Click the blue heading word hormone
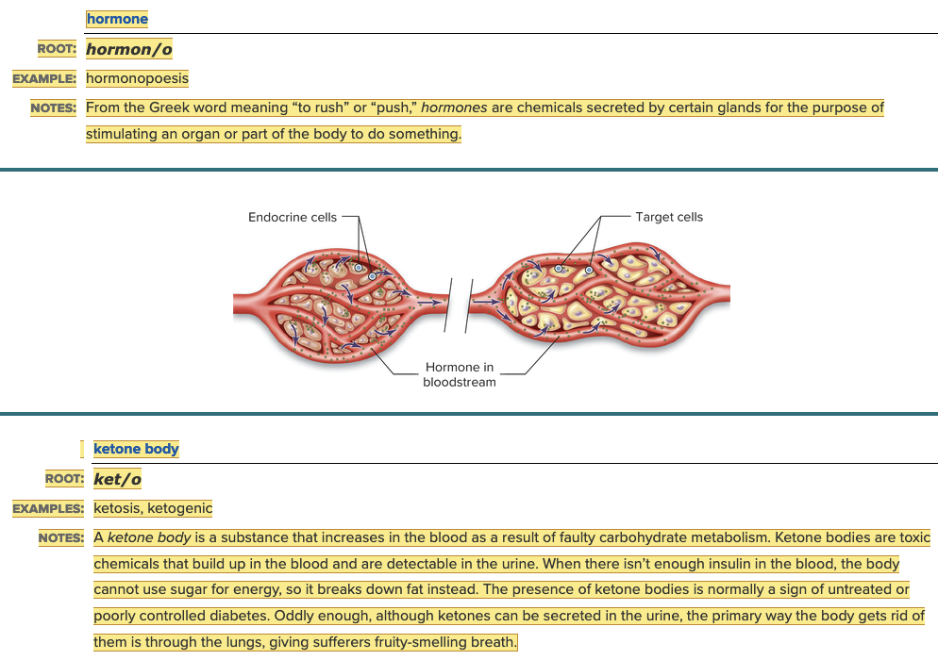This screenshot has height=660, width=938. point(117,19)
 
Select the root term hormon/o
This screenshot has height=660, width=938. point(129,48)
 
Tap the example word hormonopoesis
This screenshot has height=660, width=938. point(137,78)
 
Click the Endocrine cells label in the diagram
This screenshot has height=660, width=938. point(292,217)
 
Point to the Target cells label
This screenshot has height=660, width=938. point(669,217)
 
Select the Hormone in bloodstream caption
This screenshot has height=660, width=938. point(460,374)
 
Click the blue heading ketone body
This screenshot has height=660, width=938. point(136,449)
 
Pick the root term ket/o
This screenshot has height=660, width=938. point(117,479)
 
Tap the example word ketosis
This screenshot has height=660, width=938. point(117,509)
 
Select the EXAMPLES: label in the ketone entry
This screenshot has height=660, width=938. point(48,509)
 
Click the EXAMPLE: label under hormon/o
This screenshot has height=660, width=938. point(44,79)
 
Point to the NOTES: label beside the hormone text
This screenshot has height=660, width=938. point(53,108)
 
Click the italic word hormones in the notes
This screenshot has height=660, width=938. point(454,107)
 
